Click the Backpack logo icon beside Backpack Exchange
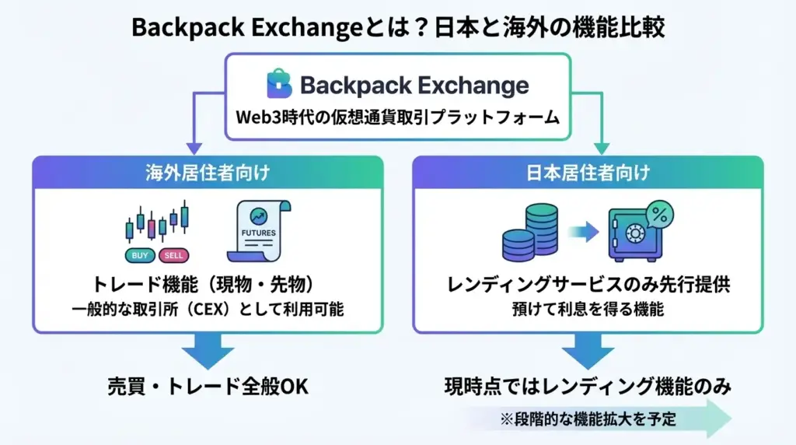(279, 83)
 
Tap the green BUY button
(140, 255)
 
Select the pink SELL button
(173, 255)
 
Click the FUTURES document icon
(259, 231)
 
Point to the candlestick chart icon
(157, 222)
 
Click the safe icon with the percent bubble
(641, 231)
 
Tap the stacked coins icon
(530, 233)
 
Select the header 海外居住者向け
(208, 173)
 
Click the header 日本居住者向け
(588, 173)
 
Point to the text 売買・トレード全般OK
(208, 387)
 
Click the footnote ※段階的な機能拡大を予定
(588, 419)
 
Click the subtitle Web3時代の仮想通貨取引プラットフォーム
(398, 117)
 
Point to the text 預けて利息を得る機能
(588, 309)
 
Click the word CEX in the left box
(208, 309)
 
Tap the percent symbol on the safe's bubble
(659, 214)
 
